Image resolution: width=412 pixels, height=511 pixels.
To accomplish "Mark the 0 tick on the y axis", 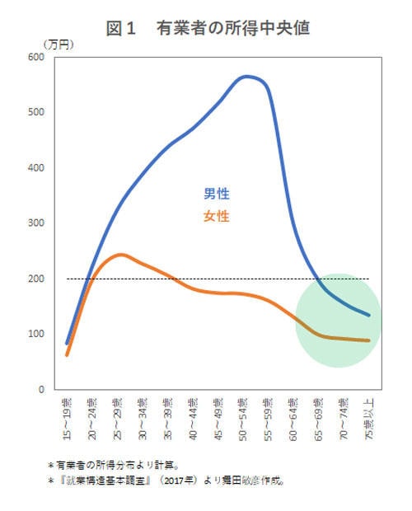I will [40, 389].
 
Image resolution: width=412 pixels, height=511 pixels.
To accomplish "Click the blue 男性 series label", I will [217, 195].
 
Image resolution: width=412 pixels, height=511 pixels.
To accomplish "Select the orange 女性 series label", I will [217, 217].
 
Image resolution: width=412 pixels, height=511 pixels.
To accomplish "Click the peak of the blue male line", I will [246, 77].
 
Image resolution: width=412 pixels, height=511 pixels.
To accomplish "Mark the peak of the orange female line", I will [119, 255].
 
